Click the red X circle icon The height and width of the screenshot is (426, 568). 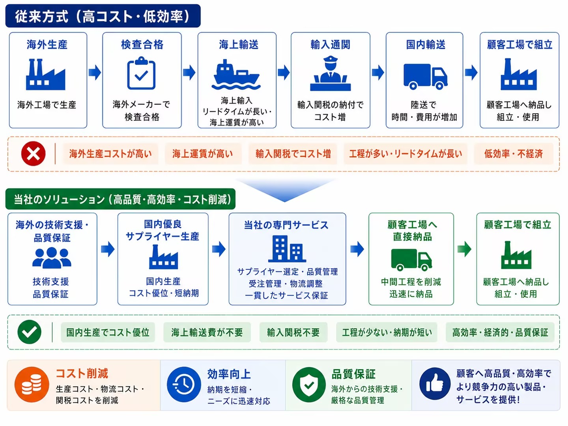34,154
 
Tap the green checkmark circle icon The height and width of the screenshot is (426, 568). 30,332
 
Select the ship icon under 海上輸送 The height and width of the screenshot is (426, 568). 236,75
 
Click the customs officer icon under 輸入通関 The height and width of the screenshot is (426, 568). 330,73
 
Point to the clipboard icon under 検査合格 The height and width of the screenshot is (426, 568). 141,73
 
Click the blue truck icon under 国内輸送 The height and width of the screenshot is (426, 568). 426,77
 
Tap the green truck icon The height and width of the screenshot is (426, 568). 411,260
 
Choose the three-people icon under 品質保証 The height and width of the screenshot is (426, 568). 52,258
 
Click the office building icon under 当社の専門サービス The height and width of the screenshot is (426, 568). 287,249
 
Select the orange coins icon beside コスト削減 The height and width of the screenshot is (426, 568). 32,385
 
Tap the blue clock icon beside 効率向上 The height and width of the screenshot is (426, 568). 184,385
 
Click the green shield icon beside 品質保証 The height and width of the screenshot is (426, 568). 309,385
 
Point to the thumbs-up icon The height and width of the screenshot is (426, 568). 435,384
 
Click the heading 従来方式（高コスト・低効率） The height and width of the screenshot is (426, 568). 103,16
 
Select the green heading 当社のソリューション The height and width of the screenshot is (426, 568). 121,199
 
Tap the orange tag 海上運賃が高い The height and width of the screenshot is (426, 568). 203,154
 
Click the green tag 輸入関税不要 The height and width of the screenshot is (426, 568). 293,332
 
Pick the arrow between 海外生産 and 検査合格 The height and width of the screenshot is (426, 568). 95,73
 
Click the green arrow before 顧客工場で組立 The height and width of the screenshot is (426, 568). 465,249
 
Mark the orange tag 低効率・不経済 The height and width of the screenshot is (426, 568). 514,154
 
